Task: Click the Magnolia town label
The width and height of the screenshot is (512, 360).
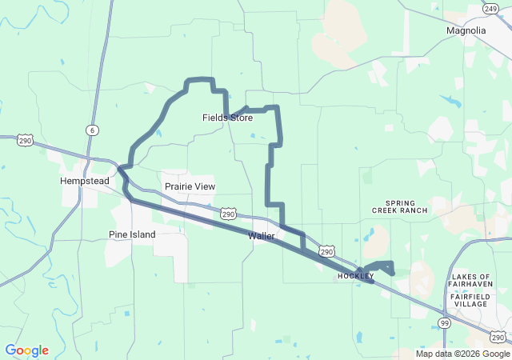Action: [466, 30]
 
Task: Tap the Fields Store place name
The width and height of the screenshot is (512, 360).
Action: [227, 118]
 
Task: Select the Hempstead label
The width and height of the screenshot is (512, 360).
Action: [84, 182]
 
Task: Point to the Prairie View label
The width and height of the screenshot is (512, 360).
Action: [190, 186]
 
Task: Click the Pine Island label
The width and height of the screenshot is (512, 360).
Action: [132, 234]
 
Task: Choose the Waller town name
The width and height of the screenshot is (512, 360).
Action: [262, 236]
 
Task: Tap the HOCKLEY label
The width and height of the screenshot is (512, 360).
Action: [356, 276]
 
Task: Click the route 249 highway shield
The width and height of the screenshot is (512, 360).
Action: [490, 8]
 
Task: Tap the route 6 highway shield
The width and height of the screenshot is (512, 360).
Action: [93, 130]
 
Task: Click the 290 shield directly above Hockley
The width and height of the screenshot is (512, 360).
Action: [326, 251]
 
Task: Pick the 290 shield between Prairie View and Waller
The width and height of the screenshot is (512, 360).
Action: [229, 214]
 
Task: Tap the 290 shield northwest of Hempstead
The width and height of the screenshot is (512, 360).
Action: [26, 140]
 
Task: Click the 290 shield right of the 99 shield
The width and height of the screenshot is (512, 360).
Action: [498, 337]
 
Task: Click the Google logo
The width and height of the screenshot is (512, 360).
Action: [26, 350]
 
